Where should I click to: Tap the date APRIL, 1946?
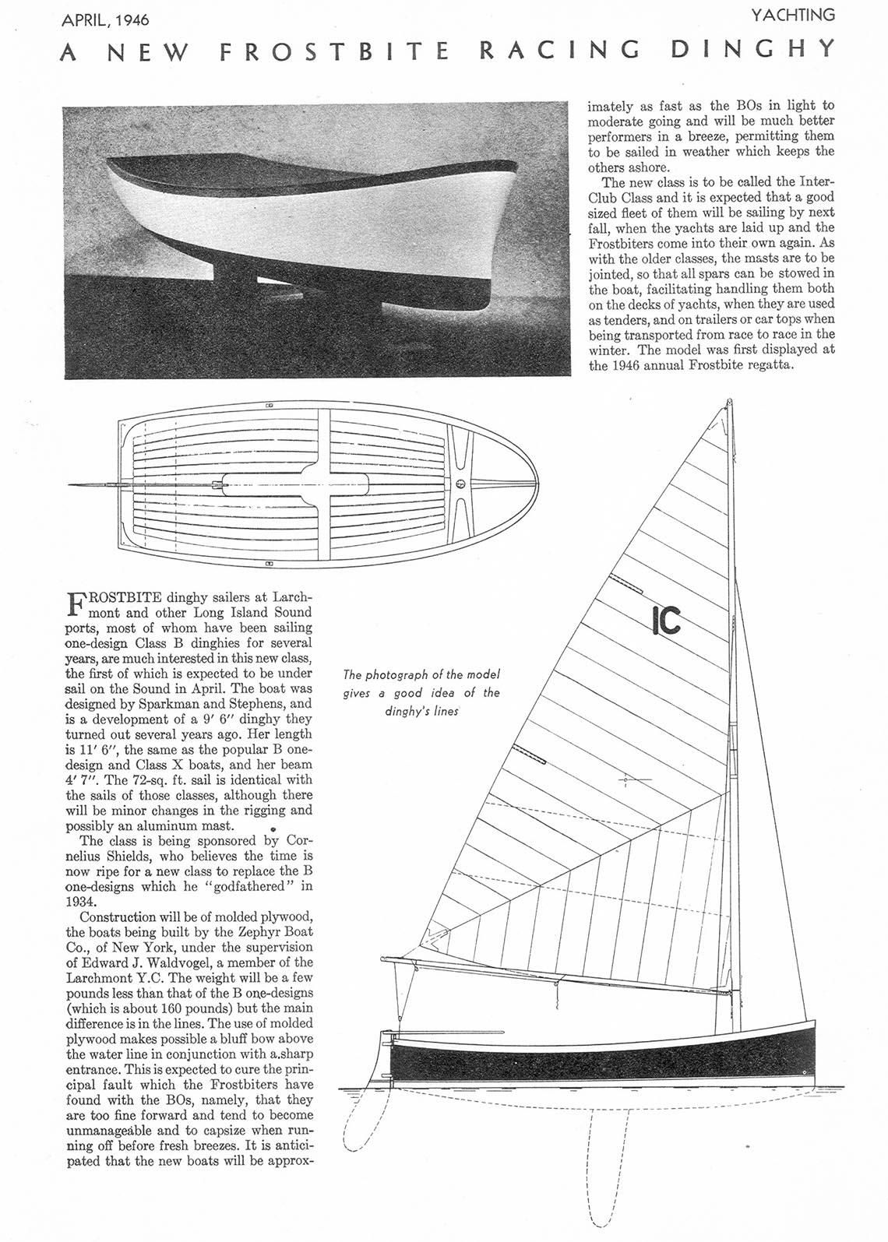tap(105, 18)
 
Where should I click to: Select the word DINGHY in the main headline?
tap(752, 50)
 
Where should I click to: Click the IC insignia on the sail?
tap(666, 621)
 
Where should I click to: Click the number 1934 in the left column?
tap(81, 902)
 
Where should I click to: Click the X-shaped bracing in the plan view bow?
tap(460, 484)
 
